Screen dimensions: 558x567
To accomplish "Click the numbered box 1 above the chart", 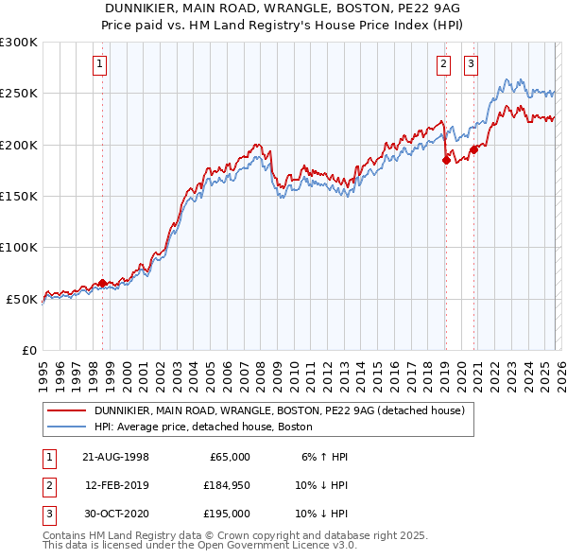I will tap(100, 64).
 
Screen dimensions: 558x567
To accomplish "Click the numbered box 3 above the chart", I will tap(471, 64).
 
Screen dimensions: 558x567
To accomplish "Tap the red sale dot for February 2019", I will tap(446, 160).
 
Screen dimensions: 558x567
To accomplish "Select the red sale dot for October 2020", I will tap(473, 149).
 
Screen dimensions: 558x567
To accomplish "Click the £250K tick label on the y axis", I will tap(19, 94).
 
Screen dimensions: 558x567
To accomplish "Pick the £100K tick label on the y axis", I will tap(19, 247).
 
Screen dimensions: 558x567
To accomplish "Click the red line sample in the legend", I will tap(67, 411).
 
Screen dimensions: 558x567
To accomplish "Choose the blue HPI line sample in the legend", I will tap(67, 427).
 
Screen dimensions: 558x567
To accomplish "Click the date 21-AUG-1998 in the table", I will tap(116, 457).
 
